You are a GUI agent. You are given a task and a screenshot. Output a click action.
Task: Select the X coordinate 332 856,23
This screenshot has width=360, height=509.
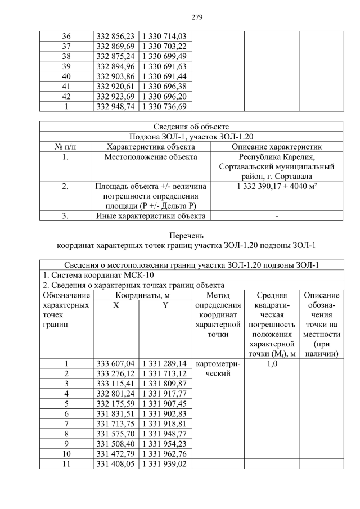pyautogui.click(x=115, y=35)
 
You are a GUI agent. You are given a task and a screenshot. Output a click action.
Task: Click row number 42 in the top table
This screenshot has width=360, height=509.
pyautogui.click(x=66, y=96)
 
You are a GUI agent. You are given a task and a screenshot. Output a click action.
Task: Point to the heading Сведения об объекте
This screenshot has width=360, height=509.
pyautogui.click(x=191, y=127)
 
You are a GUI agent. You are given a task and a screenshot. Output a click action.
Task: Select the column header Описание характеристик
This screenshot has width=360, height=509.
pyautogui.click(x=278, y=147)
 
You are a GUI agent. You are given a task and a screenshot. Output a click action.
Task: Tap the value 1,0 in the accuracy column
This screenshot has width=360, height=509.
pyautogui.click(x=272, y=363)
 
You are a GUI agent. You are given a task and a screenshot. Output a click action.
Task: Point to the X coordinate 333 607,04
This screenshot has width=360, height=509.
pyautogui.click(x=115, y=363)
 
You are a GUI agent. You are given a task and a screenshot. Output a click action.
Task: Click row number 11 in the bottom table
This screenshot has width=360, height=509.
pyautogui.click(x=66, y=465)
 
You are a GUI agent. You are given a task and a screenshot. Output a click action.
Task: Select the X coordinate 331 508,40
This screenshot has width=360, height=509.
pyautogui.click(x=115, y=444)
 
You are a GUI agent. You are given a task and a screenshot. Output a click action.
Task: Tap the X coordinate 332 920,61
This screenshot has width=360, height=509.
pyautogui.click(x=115, y=86)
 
